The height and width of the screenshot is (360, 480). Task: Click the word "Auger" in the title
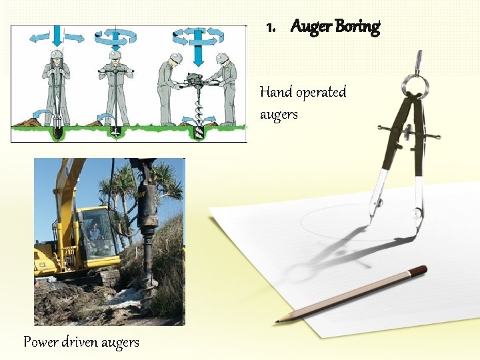pyautogui.click(x=311, y=27)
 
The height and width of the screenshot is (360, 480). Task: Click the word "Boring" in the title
pyautogui.click(x=358, y=27)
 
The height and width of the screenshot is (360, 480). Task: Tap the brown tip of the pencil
pyautogui.click(x=419, y=271)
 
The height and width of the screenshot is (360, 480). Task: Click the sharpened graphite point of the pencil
pyautogui.click(x=279, y=321)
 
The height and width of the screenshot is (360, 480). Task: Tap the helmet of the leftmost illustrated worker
pyautogui.click(x=57, y=55)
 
